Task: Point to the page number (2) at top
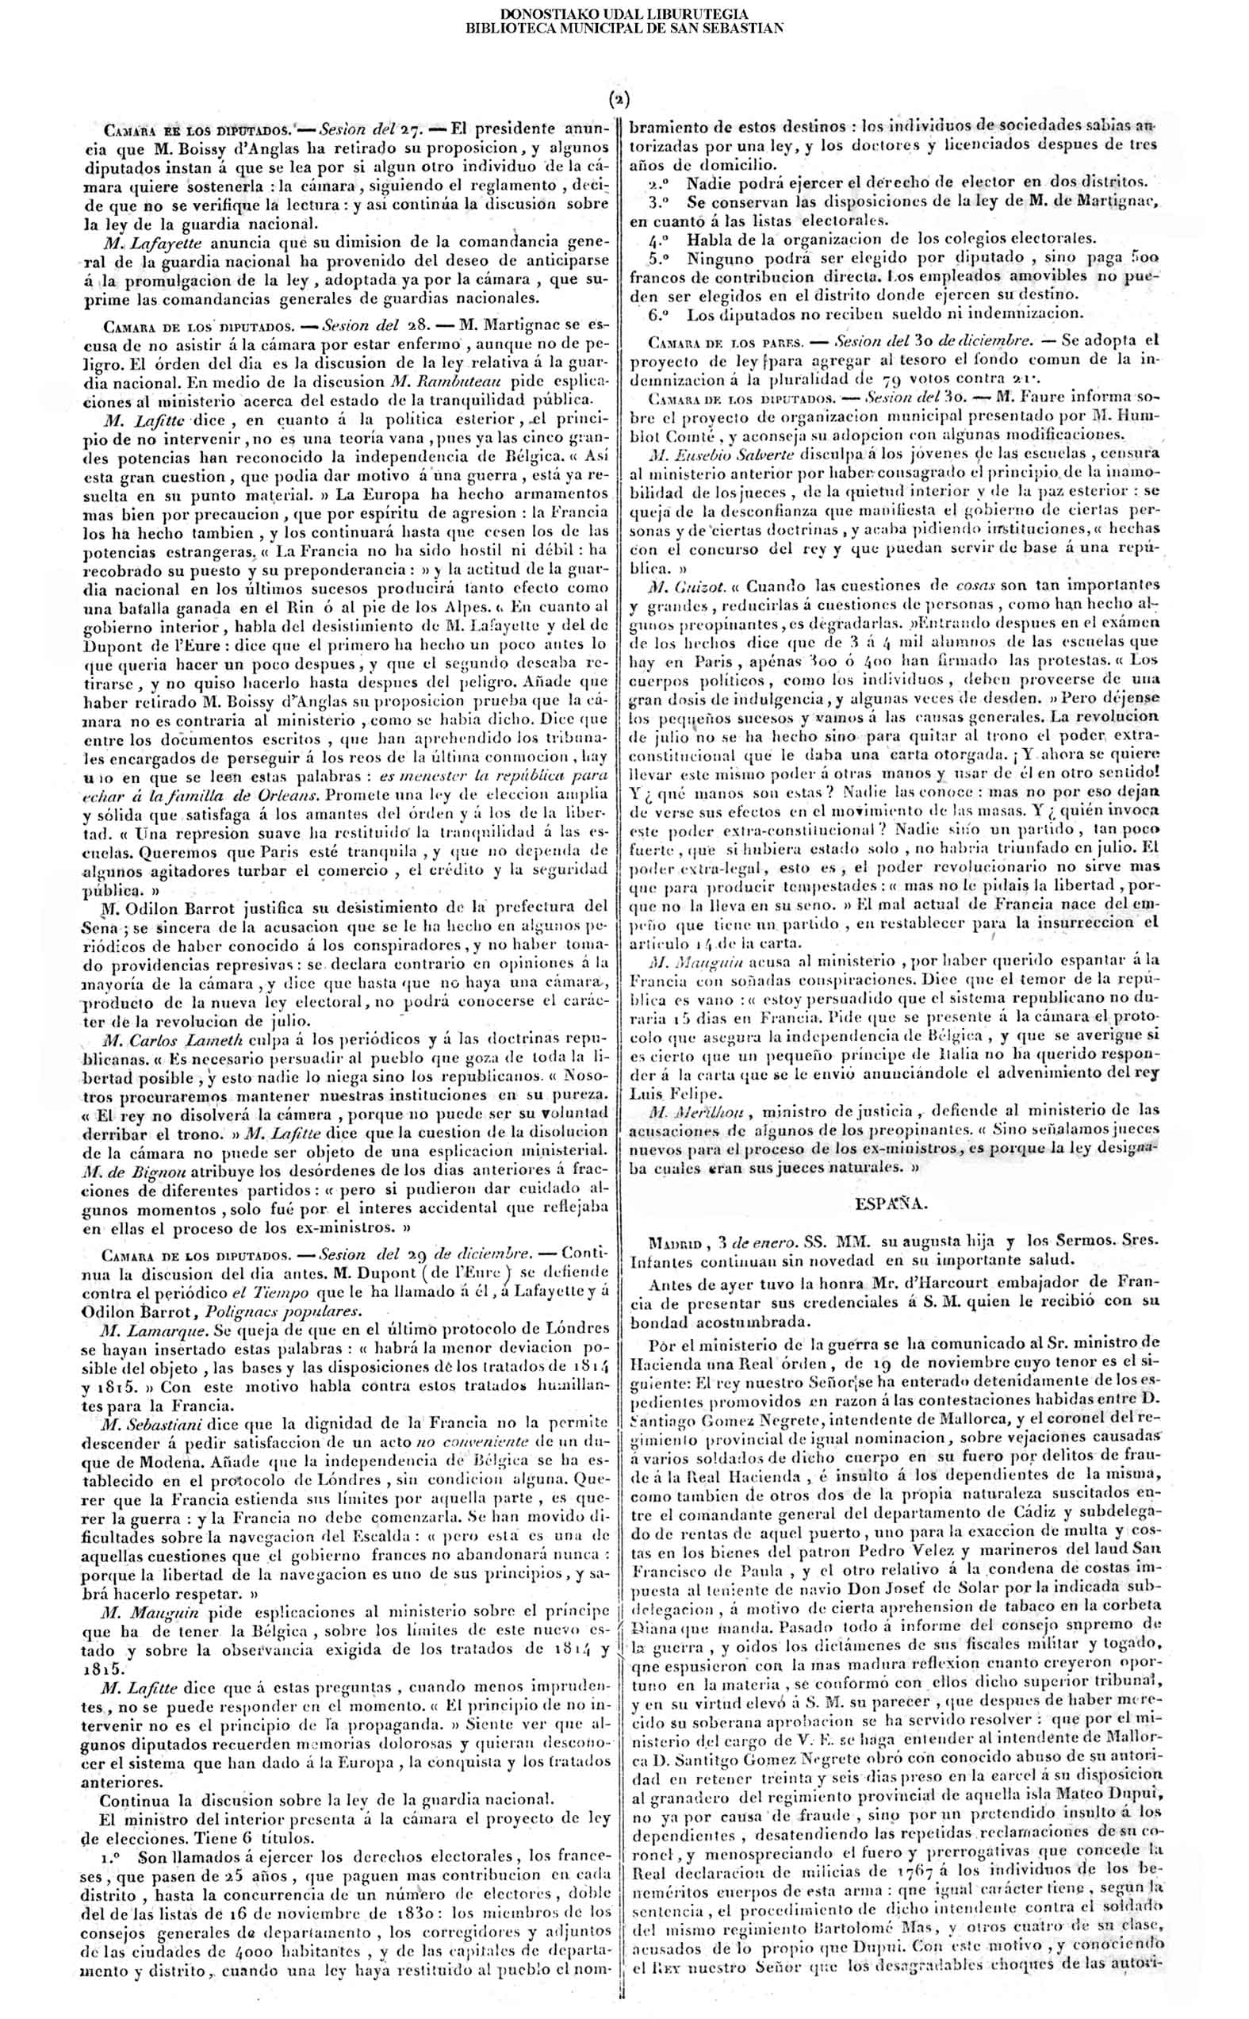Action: [x=619, y=101]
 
